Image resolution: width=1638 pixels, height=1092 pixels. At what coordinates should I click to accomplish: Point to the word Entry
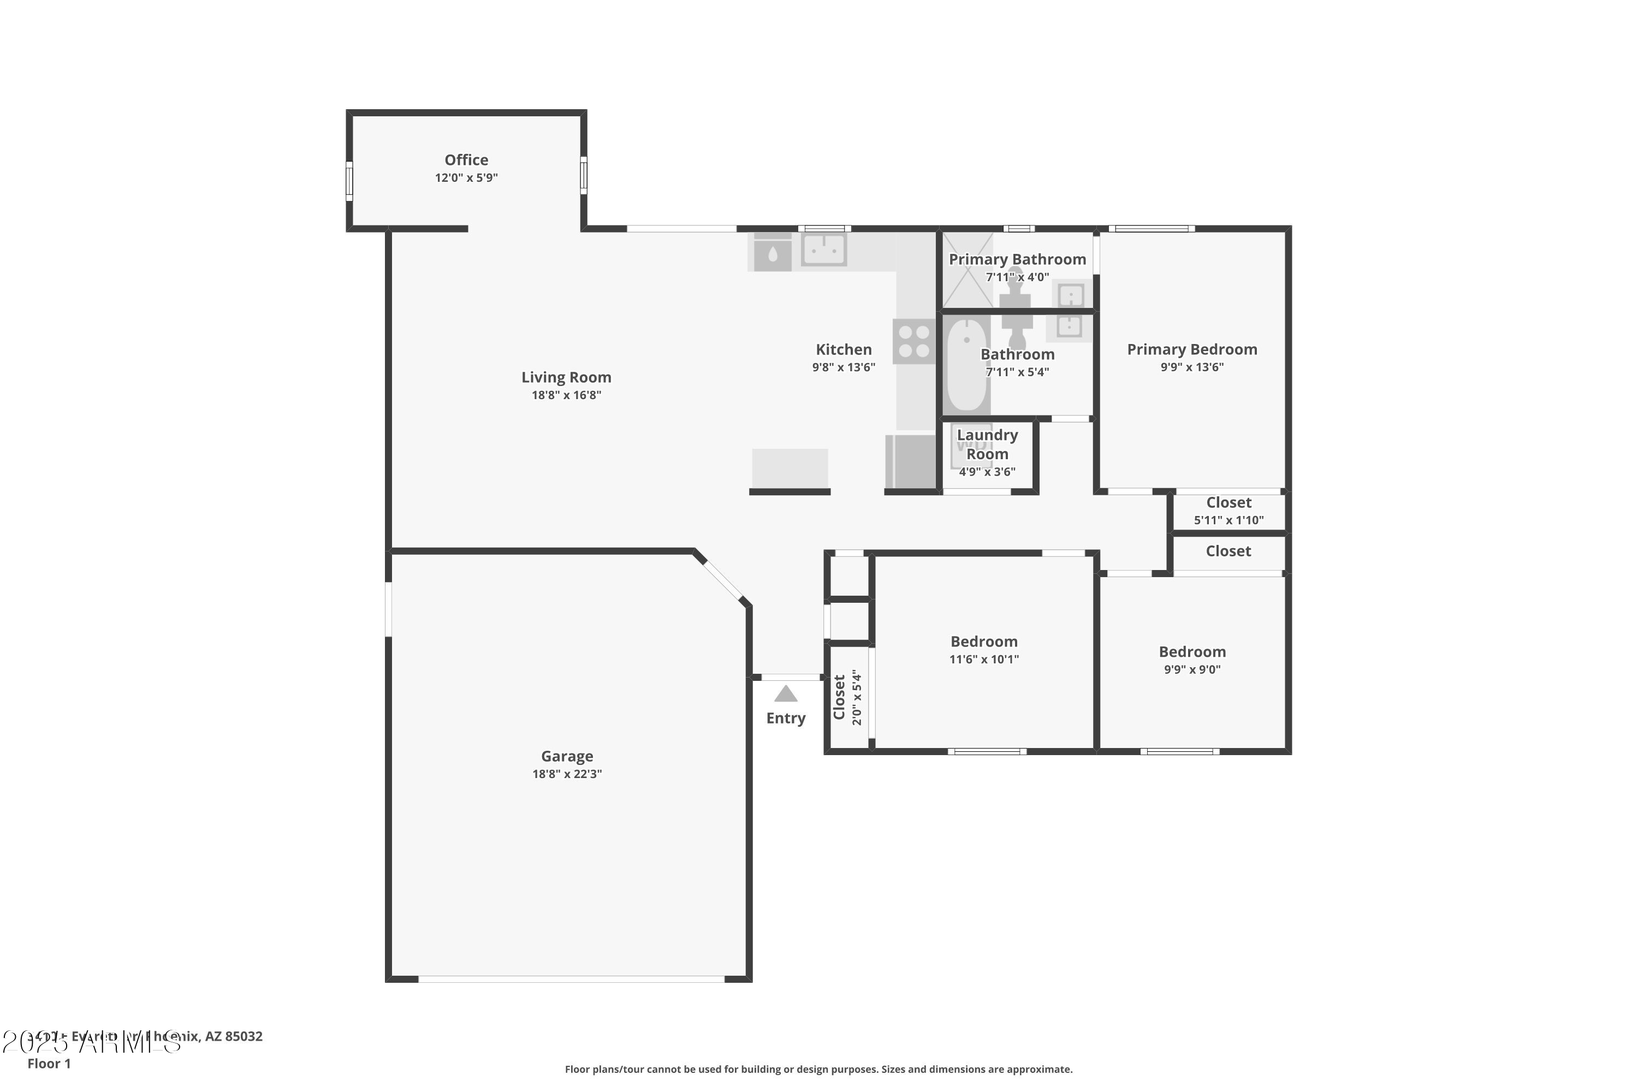786,718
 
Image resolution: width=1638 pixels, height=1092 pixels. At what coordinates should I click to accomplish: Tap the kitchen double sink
824,250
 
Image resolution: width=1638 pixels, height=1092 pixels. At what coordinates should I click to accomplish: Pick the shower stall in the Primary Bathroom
968,270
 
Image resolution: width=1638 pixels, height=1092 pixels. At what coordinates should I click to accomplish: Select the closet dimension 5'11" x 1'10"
1228,520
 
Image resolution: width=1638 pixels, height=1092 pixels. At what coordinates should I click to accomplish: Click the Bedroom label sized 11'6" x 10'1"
983,642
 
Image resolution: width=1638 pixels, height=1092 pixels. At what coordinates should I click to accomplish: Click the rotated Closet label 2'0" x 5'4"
839,697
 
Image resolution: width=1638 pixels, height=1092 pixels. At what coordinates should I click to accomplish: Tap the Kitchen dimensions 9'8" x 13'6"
844,367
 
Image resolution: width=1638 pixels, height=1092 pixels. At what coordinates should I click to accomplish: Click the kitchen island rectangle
790,468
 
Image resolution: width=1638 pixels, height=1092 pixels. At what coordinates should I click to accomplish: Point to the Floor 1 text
49,1064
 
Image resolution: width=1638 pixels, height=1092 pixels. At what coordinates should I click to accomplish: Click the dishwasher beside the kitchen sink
773,253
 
